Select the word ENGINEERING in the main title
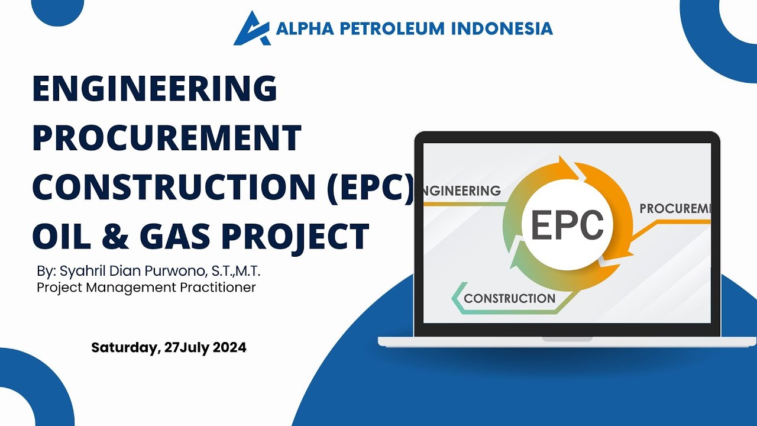point(155,88)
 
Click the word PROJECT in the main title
point(295,235)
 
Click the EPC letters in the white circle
point(567,225)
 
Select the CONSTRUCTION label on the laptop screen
point(509,299)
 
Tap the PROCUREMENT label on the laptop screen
point(675,209)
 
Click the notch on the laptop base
point(567,340)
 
